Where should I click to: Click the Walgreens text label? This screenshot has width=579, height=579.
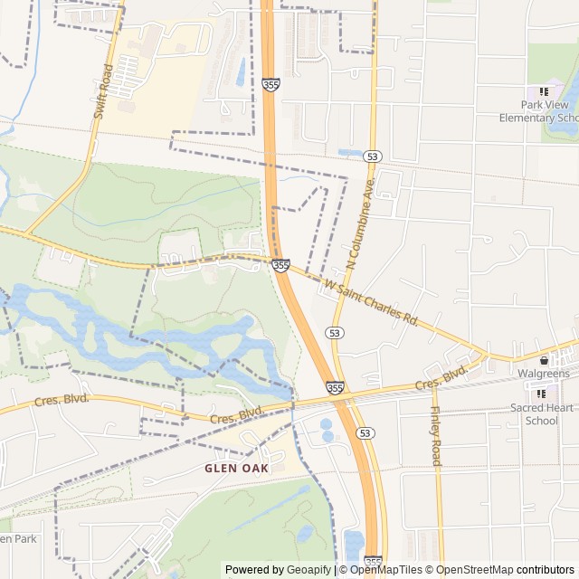pyautogui.click(x=543, y=374)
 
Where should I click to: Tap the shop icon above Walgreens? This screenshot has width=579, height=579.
pyautogui.click(x=544, y=360)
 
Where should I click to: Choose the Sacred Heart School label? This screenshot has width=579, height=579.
pyautogui.click(x=541, y=413)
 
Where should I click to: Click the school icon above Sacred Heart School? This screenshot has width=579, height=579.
pyautogui.click(x=542, y=393)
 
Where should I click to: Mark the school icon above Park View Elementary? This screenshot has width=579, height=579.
pyautogui.click(x=544, y=91)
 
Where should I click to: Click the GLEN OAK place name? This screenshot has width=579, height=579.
pyautogui.click(x=236, y=469)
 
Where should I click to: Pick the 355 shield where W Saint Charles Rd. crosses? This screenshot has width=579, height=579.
pyautogui.click(x=280, y=265)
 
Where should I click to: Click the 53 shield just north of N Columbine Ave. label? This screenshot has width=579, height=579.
pyautogui.click(x=372, y=157)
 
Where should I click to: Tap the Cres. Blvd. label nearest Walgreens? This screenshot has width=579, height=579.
pyautogui.click(x=441, y=378)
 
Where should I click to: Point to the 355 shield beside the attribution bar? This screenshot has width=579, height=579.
pyautogui.click(x=373, y=562)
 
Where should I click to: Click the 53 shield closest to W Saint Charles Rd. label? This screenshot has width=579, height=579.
pyautogui.click(x=336, y=333)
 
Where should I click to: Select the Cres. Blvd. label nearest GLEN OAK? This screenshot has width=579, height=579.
pyautogui.click(x=236, y=416)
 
